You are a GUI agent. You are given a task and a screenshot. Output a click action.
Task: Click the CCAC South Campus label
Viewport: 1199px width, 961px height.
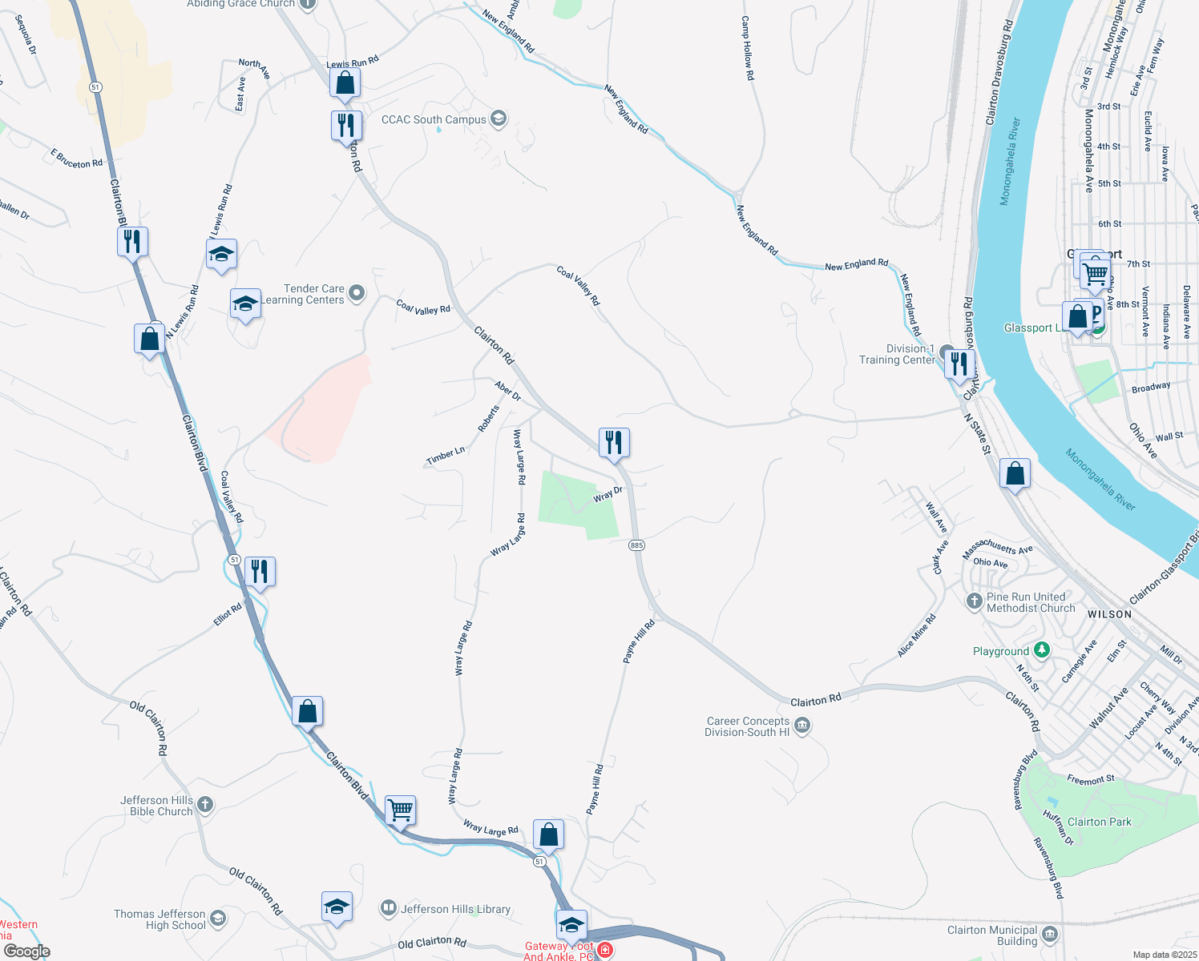tap(434, 120)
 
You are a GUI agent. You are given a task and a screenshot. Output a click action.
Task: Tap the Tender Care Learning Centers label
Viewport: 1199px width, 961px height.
tap(313, 295)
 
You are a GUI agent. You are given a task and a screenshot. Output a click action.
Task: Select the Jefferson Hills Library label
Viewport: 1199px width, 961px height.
tap(455, 909)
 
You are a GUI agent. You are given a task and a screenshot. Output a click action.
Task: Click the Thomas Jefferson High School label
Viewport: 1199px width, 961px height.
tap(160, 919)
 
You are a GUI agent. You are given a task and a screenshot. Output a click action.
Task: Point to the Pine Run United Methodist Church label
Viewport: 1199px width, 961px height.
tap(1030, 602)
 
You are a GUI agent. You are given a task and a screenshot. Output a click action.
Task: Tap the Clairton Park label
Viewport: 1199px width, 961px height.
tap(1099, 822)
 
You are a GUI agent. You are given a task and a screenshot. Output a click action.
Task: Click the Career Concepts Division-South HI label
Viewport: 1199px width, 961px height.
tap(747, 726)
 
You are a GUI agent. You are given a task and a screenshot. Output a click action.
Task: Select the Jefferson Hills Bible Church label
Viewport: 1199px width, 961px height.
tap(157, 806)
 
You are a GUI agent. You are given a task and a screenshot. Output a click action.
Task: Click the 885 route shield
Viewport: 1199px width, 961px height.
tap(636, 545)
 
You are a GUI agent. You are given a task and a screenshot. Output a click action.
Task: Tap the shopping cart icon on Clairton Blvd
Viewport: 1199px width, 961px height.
tap(400, 810)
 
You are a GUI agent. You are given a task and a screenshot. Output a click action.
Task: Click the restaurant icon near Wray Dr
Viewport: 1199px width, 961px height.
tap(614, 442)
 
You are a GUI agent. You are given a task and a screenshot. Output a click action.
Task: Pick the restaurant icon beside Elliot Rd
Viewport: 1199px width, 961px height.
tap(260, 572)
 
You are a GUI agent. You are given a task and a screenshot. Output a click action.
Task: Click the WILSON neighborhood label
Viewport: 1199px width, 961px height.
tap(1109, 614)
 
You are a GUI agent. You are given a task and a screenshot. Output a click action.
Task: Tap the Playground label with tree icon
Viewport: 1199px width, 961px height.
tap(1001, 651)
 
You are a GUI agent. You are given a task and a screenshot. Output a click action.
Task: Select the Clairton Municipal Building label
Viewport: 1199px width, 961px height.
tap(992, 935)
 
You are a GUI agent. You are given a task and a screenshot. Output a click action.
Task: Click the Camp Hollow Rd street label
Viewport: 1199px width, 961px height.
tap(747, 48)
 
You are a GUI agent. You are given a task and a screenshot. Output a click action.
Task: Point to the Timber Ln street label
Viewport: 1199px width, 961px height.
tap(446, 456)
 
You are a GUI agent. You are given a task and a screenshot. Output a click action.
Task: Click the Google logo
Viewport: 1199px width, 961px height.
tap(26, 951)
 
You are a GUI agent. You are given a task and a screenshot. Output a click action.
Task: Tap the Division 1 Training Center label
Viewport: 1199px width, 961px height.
tap(898, 354)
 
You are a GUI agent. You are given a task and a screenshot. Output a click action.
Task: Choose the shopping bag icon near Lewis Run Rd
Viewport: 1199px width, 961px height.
tap(345, 82)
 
